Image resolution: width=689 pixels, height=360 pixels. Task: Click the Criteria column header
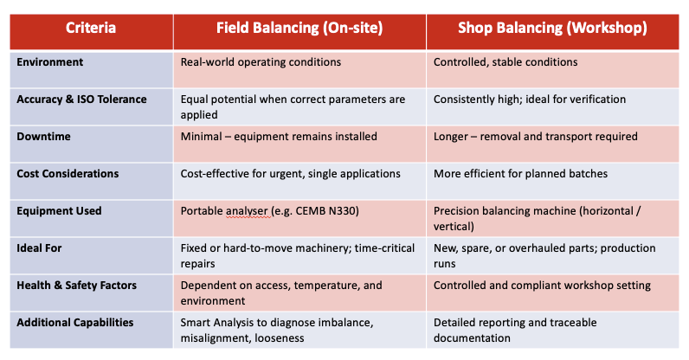point(91,28)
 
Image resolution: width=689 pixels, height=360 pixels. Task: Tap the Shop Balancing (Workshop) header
point(552,28)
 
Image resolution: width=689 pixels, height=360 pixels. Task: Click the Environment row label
point(50,62)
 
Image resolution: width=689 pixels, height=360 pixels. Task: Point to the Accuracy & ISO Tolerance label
point(81,100)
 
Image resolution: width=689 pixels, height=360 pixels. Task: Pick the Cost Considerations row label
point(68,174)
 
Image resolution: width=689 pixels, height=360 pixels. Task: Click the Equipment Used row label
point(59,211)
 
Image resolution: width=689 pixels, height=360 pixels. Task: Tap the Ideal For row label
point(40,248)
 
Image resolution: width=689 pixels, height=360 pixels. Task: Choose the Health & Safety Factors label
point(76,286)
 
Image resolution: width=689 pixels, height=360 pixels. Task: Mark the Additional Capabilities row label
point(74,323)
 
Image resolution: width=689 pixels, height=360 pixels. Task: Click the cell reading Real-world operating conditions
point(261,62)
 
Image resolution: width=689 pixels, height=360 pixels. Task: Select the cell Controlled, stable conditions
point(505,62)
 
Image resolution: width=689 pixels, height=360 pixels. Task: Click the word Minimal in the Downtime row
point(201,137)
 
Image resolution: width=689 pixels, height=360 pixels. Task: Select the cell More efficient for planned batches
point(520,174)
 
